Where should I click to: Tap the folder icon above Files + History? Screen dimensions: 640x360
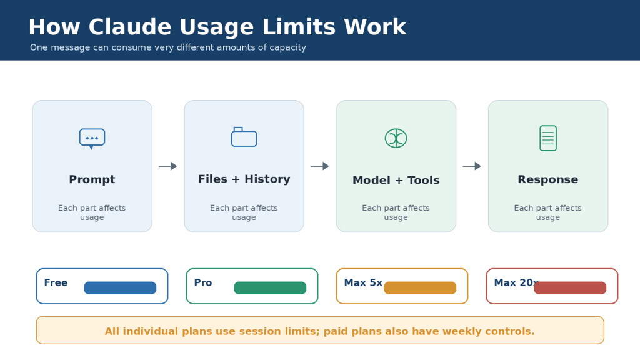244,137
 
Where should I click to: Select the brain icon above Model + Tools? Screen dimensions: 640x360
396,138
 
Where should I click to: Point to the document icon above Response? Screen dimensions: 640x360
547,138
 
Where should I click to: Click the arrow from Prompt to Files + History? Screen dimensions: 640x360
167,166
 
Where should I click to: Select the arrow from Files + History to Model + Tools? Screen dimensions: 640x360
320,166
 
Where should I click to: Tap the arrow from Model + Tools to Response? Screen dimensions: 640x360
472,166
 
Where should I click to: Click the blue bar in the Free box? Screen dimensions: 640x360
120,287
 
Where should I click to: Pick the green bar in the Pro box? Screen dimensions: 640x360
270,287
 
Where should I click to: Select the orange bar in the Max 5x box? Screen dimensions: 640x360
420,287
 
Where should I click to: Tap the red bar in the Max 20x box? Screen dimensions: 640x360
570,287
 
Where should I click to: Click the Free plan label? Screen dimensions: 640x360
56,282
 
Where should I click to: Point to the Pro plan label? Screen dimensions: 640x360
203,282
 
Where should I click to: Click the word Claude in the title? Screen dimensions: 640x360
131,27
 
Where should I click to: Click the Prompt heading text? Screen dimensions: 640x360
92,179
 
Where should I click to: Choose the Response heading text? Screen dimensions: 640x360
547,179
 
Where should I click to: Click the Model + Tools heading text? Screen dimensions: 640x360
396,180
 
